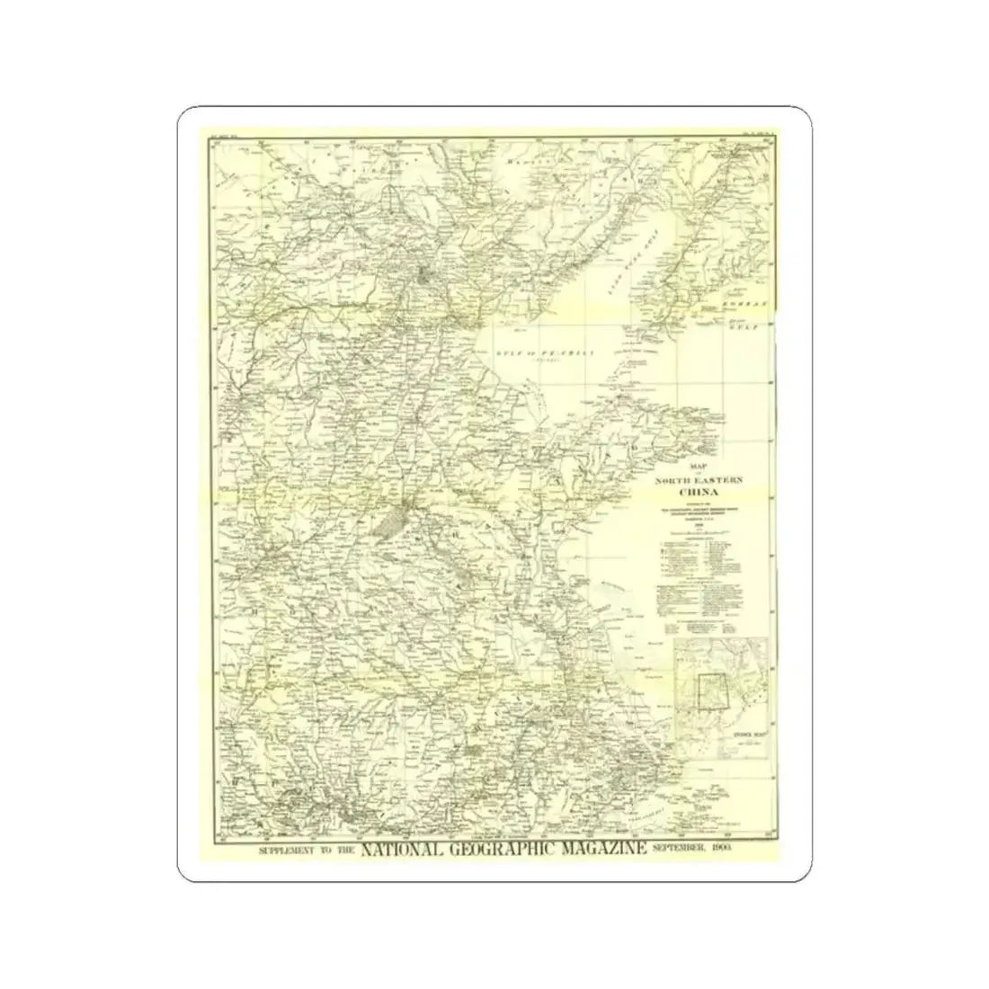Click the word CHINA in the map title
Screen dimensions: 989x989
click(703, 492)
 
